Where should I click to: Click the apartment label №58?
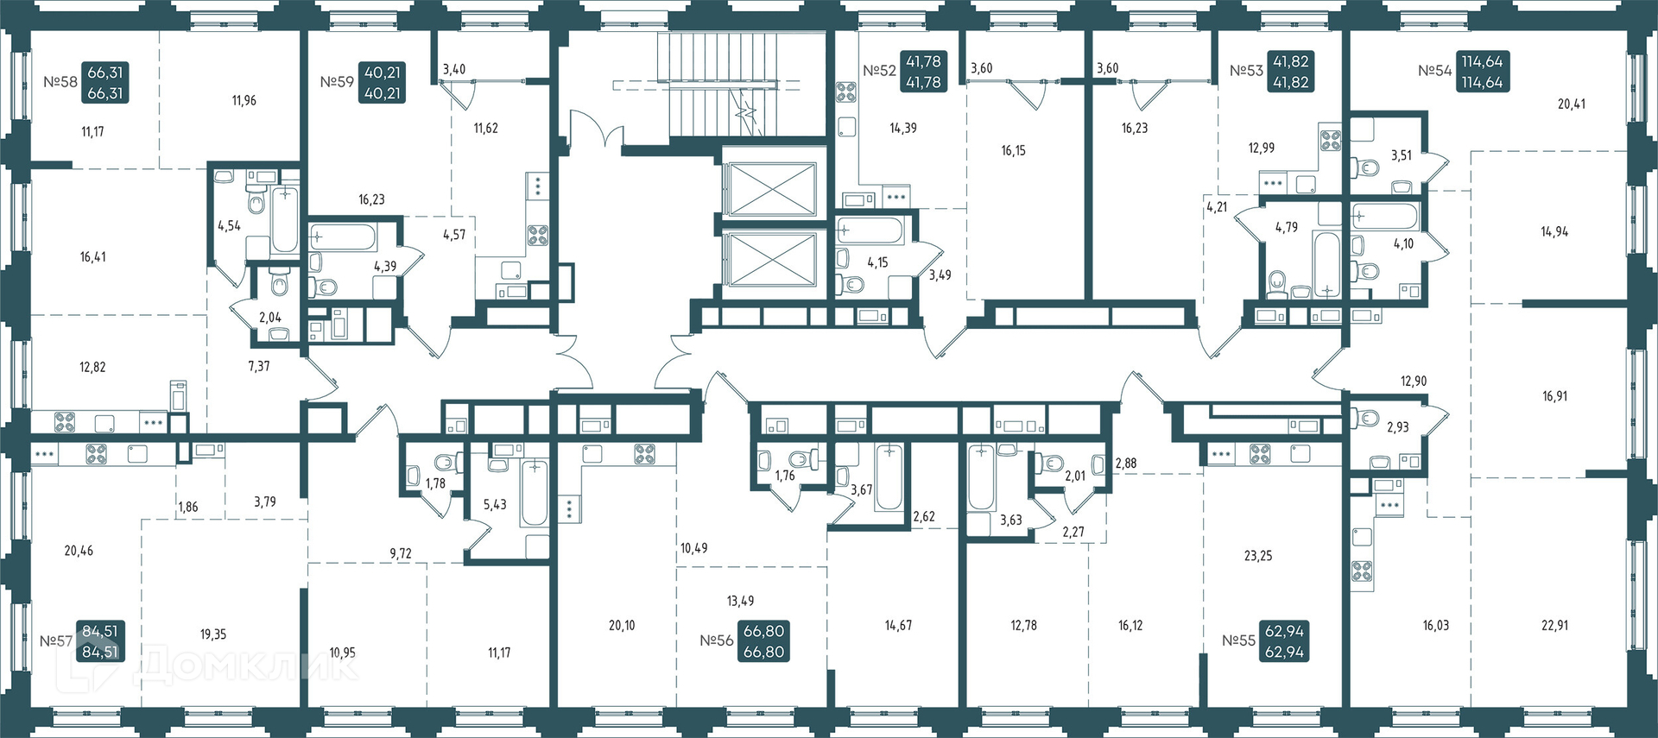click(x=60, y=83)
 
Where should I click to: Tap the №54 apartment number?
click(x=1435, y=71)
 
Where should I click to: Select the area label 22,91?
click(x=1554, y=626)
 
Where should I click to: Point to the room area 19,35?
click(x=213, y=634)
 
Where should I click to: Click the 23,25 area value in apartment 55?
click(x=1258, y=556)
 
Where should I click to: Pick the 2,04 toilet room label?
click(x=270, y=318)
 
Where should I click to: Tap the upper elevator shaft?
click(x=770, y=189)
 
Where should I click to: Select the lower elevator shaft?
click(x=770, y=258)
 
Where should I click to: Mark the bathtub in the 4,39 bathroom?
click(x=343, y=237)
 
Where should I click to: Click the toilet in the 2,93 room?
click(x=1364, y=419)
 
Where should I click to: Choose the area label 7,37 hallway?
click(x=259, y=367)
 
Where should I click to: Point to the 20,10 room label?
click(x=622, y=626)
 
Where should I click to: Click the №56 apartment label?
click(x=717, y=640)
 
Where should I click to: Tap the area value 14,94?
click(x=1554, y=232)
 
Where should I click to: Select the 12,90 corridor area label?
click(x=1414, y=382)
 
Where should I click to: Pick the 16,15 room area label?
click(x=1014, y=151)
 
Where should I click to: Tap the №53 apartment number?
click(x=1247, y=71)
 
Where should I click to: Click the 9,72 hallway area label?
click(x=401, y=554)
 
